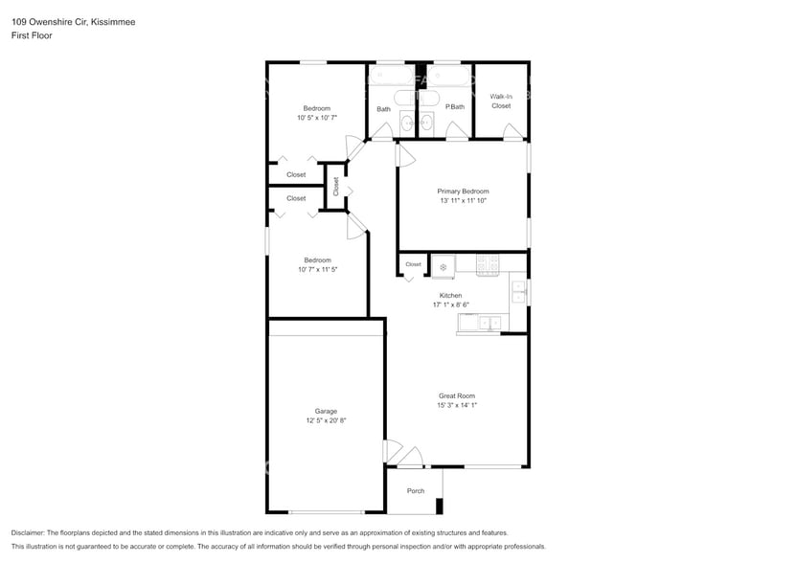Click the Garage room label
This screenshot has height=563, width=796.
coord(326,411)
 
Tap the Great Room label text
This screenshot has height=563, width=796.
coord(457,395)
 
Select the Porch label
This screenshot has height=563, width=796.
coord(416,491)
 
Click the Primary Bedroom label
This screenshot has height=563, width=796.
coord(463,191)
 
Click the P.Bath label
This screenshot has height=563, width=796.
coord(454,107)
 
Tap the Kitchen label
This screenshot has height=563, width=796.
coord(450,295)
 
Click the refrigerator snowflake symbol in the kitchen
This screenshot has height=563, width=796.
coord(443,266)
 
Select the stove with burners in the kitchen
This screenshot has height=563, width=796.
coord(489,263)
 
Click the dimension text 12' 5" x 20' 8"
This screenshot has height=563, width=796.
coord(326,420)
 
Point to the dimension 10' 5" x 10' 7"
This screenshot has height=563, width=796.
coord(317,119)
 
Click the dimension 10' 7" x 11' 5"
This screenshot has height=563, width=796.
coord(317,270)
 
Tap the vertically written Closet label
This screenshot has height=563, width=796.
coord(336,187)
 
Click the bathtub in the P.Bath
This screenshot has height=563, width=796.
coord(447,75)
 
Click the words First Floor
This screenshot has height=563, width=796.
coord(32,35)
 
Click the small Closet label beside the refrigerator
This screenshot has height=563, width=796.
coord(413,264)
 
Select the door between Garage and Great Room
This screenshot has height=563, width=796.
coord(391,451)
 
